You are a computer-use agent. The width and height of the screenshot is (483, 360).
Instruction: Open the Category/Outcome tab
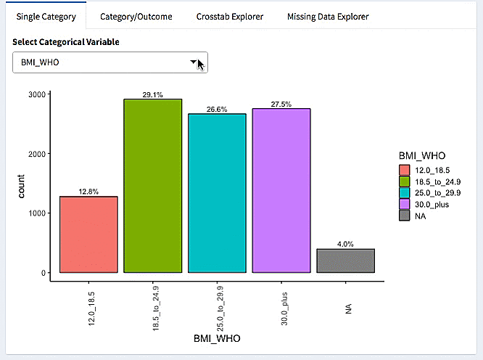pyautogui.click(x=136, y=16)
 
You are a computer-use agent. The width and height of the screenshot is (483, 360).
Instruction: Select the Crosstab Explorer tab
pyautogui.click(x=229, y=16)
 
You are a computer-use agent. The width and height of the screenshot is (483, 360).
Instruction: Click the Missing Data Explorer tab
pyautogui.click(x=328, y=16)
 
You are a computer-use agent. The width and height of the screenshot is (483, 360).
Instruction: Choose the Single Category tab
pyautogui.click(x=45, y=16)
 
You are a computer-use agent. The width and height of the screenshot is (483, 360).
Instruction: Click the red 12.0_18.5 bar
pyautogui.click(x=88, y=234)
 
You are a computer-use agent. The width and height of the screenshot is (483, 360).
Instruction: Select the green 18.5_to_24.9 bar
pyautogui.click(x=152, y=186)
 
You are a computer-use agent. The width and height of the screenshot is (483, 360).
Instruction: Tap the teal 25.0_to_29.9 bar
pyautogui.click(x=217, y=193)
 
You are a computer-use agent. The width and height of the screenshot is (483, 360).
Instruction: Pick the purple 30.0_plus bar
pyautogui.click(x=281, y=190)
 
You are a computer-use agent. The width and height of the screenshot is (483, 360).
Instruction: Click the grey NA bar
pyautogui.click(x=345, y=261)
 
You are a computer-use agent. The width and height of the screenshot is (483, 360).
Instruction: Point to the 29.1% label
pyautogui.click(x=152, y=94)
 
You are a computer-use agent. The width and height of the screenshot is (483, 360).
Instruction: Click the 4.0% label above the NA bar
pyautogui.click(x=345, y=245)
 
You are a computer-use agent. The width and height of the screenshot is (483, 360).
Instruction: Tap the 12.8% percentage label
pyautogui.click(x=88, y=192)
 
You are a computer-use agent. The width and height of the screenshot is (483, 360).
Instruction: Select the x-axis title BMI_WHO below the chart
pyautogui.click(x=217, y=338)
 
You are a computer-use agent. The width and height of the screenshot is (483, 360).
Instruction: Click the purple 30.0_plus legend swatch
pyautogui.click(x=405, y=204)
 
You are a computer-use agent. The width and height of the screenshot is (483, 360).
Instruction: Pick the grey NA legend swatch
pyautogui.click(x=405, y=216)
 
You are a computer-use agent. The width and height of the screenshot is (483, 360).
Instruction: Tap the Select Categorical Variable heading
pyautogui.click(x=66, y=42)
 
